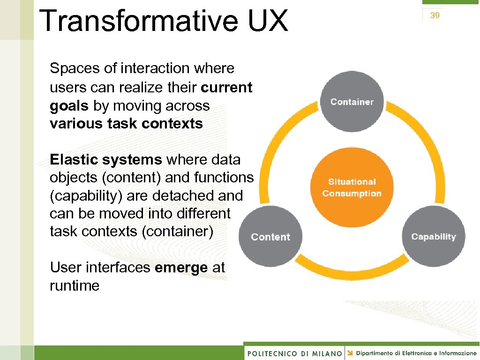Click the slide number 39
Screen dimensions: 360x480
[435, 16]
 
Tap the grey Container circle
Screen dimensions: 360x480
[352, 102]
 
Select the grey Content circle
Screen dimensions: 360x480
[270, 237]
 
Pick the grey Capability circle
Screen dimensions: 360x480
[434, 237]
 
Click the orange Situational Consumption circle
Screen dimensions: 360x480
[352, 187]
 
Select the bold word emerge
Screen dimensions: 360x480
[181, 268]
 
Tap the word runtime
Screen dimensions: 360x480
[75, 285]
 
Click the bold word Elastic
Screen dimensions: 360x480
[74, 160]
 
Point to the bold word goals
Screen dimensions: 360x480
[69, 106]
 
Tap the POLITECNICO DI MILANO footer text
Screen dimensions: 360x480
[294, 353]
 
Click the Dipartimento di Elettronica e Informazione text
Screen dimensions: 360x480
[416, 353]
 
